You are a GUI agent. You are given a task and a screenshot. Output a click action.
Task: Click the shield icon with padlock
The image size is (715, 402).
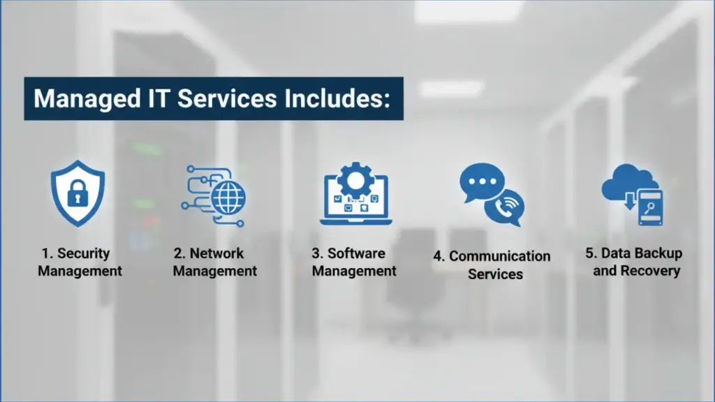click(x=78, y=193)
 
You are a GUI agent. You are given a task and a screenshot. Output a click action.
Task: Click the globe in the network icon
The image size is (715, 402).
click(x=226, y=199)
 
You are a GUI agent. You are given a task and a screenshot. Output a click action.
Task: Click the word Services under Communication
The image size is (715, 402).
click(x=495, y=274)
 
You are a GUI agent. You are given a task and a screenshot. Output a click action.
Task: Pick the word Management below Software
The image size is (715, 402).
click(x=354, y=271)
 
